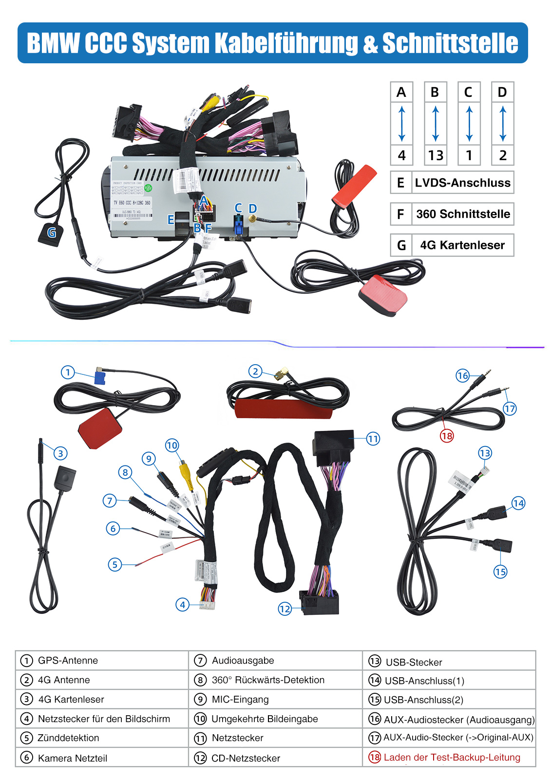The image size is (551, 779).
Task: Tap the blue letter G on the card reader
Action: click(x=52, y=233)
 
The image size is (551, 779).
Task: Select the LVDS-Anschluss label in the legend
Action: click(x=462, y=183)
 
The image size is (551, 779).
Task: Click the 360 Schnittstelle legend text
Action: click(x=463, y=214)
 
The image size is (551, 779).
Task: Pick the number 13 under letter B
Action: click(x=435, y=155)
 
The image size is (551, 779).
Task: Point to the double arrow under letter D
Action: click(x=503, y=124)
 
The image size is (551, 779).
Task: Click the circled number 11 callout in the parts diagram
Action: click(x=373, y=439)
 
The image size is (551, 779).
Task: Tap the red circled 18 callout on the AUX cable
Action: click(x=447, y=435)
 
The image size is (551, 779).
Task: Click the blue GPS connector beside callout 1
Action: click(x=100, y=378)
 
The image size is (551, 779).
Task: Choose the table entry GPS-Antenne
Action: click(x=68, y=660)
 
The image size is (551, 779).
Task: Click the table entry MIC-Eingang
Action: click(x=240, y=699)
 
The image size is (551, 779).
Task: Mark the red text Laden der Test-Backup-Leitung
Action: click(x=452, y=757)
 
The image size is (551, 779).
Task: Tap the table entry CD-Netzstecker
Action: click(x=246, y=758)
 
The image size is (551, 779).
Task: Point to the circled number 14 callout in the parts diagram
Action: click(x=518, y=503)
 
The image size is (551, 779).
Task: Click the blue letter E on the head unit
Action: click(x=171, y=220)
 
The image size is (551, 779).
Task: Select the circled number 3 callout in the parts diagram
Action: click(x=60, y=453)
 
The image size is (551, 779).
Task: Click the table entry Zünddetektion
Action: click(x=68, y=738)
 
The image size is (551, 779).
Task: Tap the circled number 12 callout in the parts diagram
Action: click(x=285, y=608)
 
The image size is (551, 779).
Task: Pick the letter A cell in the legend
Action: click(x=401, y=92)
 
